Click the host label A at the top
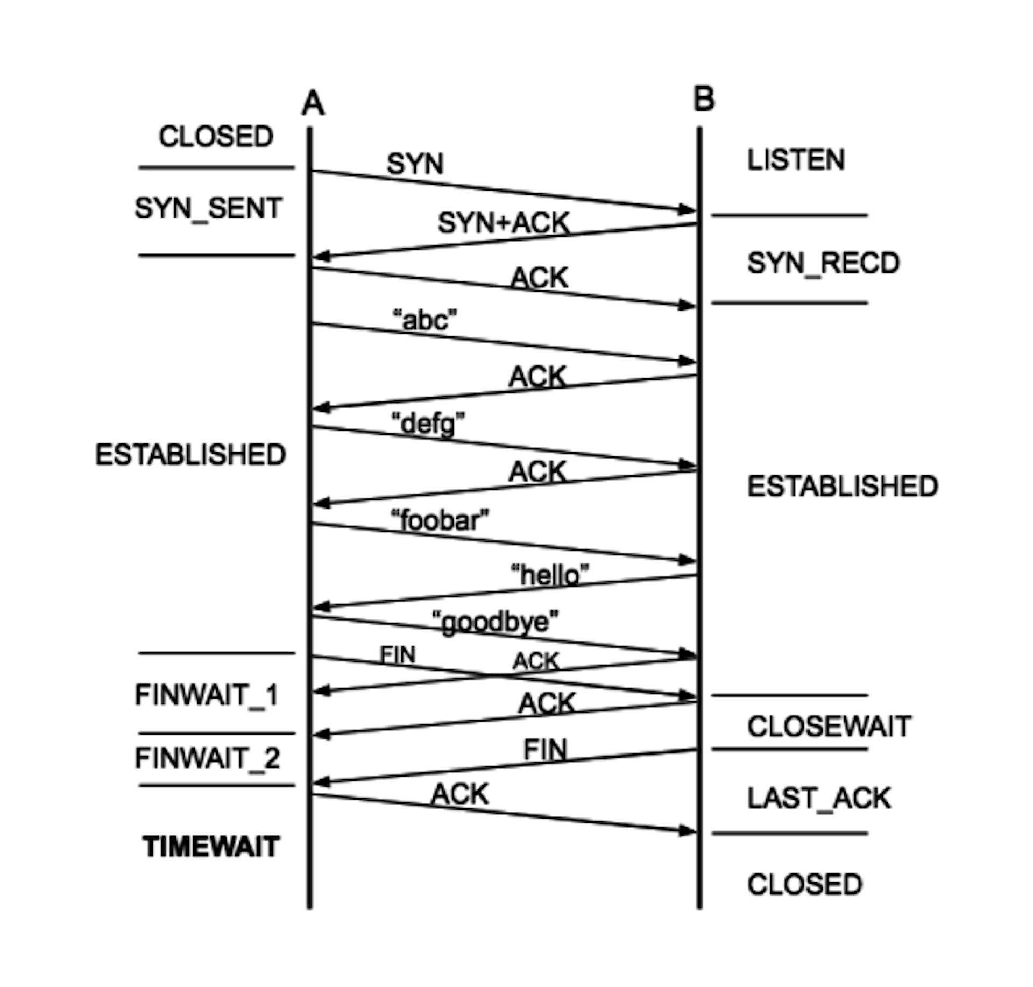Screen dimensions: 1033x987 click(x=313, y=103)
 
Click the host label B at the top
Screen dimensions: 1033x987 click(x=704, y=100)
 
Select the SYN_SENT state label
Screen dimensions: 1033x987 click(x=208, y=208)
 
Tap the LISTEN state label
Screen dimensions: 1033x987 click(x=796, y=160)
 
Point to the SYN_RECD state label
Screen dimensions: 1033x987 click(x=823, y=263)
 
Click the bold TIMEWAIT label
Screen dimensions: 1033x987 click(x=211, y=847)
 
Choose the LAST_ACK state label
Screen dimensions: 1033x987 click(x=819, y=798)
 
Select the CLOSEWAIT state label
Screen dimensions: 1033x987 click(x=829, y=727)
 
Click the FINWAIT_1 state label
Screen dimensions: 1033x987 click(x=206, y=695)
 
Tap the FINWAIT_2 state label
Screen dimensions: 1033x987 click(x=207, y=758)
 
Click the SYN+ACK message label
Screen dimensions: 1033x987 click(x=504, y=223)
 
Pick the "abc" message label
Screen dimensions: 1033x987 click(x=425, y=320)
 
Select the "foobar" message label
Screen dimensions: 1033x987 click(x=440, y=520)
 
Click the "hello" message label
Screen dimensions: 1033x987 click(x=549, y=575)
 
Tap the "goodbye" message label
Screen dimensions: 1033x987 click(x=496, y=622)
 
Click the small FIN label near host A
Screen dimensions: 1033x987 click(x=398, y=655)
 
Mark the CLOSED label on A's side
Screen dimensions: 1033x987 click(x=216, y=137)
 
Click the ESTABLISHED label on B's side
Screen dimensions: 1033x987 click(x=843, y=487)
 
